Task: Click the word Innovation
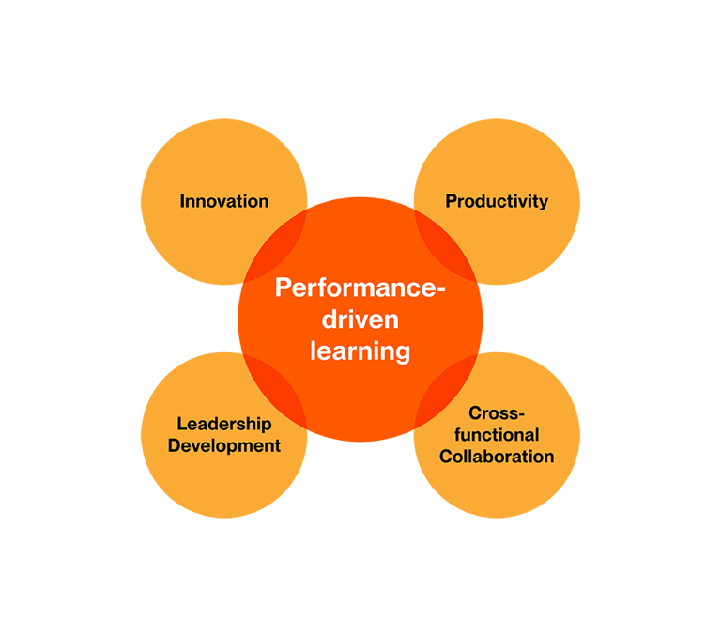224,201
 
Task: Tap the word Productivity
497,202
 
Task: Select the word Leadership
224,425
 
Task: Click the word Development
224,446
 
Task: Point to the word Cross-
497,412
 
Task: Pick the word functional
497,434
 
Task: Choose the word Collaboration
497,457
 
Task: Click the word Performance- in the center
360,287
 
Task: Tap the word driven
360,318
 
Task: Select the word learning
360,351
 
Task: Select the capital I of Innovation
182,201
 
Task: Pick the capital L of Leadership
182,424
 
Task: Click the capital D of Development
175,445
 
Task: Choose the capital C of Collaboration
447,457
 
